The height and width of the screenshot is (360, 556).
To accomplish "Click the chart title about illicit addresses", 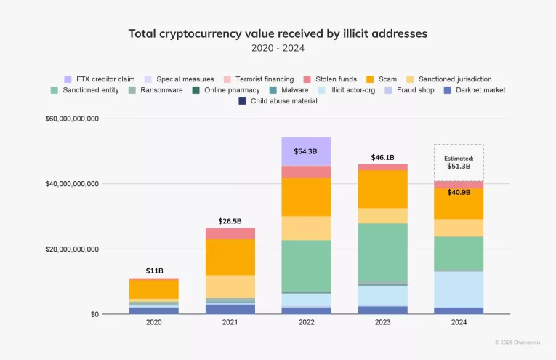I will click(x=278, y=33).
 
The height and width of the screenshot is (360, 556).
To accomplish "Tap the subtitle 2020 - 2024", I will click(x=278, y=48).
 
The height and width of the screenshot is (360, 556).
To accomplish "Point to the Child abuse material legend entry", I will click(x=278, y=100).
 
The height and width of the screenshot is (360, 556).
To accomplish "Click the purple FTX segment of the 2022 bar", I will click(x=306, y=151).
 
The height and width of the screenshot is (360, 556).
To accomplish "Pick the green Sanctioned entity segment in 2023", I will click(x=382, y=252).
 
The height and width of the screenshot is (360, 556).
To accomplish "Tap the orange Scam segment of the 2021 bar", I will click(x=230, y=256).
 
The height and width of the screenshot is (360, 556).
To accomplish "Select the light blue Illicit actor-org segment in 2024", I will click(x=459, y=289).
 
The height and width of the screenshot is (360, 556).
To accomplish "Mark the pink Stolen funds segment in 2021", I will click(x=230, y=233).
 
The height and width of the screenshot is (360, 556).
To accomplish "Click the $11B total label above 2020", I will click(x=154, y=271).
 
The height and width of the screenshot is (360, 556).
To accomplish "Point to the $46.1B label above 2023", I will click(x=382, y=157).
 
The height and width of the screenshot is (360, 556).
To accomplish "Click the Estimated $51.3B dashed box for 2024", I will click(x=459, y=161).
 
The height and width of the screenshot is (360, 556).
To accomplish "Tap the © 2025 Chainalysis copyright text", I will click(x=519, y=341).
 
